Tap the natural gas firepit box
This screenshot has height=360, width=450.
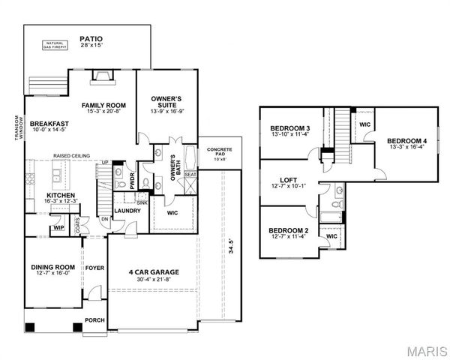55,46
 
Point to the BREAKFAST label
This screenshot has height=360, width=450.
49,124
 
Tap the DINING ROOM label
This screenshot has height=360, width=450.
52,266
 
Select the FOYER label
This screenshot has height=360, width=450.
94,266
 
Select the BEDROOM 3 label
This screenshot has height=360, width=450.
290,128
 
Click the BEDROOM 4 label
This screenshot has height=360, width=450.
406,141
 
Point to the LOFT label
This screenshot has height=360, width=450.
289,180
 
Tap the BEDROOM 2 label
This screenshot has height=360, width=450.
289,230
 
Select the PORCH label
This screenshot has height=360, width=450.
94,321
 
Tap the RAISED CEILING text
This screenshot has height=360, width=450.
71,156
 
